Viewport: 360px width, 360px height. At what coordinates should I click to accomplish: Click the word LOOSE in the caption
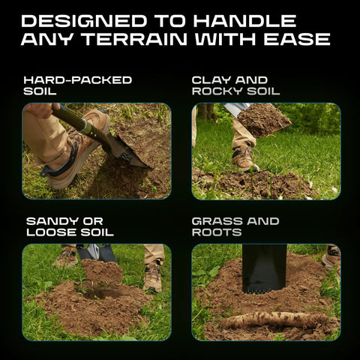coord(52,232)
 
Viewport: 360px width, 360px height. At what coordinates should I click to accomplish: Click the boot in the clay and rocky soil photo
coord(244,158)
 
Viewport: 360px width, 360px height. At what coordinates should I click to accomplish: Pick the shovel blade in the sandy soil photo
coord(97,253)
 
